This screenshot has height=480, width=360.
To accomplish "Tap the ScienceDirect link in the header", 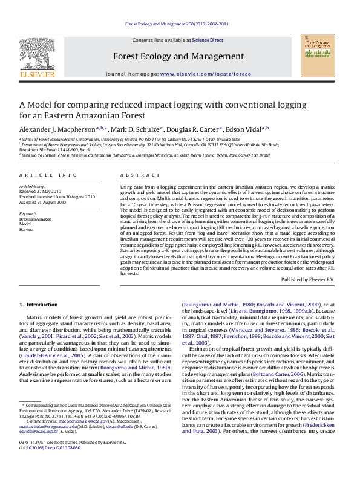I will coord(208,41).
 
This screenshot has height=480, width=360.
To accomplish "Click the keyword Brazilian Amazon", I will coord(36,218).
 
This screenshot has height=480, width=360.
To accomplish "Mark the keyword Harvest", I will coord(26,229).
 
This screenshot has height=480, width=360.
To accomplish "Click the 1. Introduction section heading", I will coord(39,305).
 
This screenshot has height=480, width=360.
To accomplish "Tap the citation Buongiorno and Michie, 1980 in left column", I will coord(137,366).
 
